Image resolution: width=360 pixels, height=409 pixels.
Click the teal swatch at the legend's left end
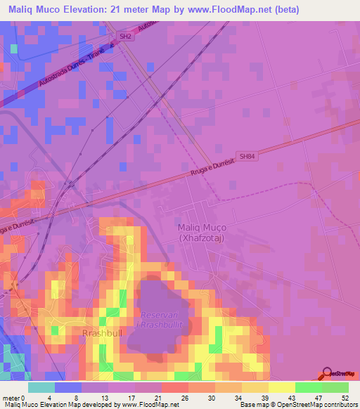point(41,387)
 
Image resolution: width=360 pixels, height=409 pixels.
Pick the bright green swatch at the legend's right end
point(335,387)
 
